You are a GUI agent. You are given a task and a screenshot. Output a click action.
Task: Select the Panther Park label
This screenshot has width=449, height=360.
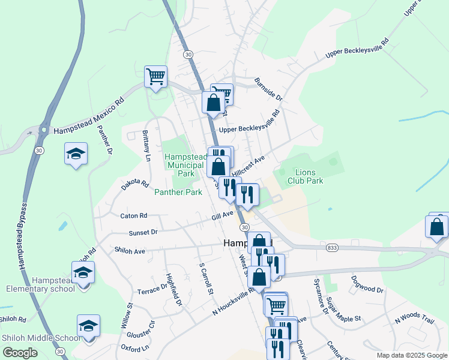tap(178, 193)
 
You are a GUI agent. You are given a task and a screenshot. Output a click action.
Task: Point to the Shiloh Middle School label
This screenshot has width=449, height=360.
tap(40, 338)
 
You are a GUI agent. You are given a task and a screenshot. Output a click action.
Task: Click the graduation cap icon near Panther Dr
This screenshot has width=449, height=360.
tap(76, 155)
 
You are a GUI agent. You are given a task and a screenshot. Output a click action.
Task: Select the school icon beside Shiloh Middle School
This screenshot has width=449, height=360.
tap(88, 326)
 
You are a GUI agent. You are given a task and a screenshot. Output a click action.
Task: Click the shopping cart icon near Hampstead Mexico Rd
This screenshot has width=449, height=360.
tap(155, 76)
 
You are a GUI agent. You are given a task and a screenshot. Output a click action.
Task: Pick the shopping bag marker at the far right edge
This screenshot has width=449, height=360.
tap(436, 227)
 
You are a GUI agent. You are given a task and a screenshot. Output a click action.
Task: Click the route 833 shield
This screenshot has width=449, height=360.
tap(332, 247)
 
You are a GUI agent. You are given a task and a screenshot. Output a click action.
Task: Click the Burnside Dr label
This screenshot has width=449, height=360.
tap(268, 89)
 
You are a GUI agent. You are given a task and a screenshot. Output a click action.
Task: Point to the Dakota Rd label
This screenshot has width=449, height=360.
tap(134, 184)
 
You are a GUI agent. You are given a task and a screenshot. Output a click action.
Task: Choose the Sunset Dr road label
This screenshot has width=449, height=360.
tap(143, 232)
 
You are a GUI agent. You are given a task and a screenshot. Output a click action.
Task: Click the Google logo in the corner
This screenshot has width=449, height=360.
tap(20, 353)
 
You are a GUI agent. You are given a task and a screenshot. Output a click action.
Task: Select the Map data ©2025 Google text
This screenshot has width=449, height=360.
tap(411, 355)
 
